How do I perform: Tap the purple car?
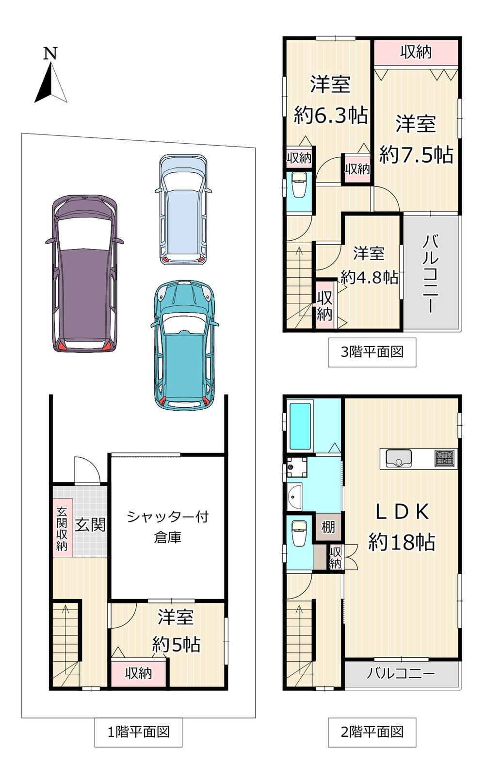pos(84,274)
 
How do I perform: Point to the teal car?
pos(185,345)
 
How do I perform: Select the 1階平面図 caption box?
pos(138,732)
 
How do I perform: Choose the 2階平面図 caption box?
pos(372,732)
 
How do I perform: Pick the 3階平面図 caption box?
pos(372,352)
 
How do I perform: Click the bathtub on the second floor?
pos(300,427)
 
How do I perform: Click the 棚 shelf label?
pos(328,527)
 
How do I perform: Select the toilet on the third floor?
pos(299,185)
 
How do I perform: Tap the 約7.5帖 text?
pos(416,154)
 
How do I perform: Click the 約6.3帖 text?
pos(331,115)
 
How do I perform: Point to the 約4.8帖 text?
pos(370,278)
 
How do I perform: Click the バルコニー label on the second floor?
pos(401,673)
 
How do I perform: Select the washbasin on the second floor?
pos(295,497)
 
